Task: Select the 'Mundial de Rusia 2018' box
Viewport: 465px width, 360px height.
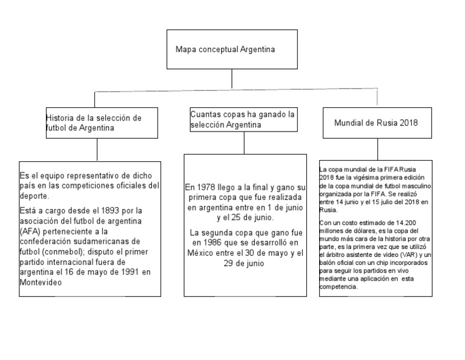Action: coord(377,123)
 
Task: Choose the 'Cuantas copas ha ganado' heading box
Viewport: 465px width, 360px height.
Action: coord(242,119)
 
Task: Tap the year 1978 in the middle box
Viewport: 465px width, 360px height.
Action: coord(209,187)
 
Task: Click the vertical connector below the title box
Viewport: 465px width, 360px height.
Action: coord(232,79)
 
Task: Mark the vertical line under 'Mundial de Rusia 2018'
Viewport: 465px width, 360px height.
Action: coord(377,150)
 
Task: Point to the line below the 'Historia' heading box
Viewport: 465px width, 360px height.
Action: coord(97,151)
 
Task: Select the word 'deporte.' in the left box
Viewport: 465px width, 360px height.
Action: coord(35,196)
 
